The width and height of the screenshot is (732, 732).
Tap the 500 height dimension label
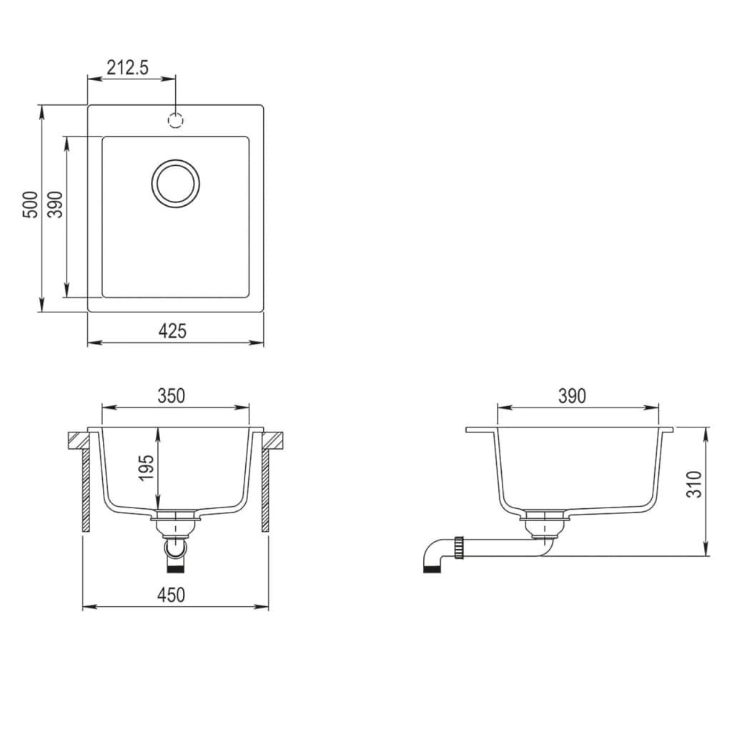pyautogui.click(x=29, y=206)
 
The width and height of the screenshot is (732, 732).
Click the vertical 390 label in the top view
pyautogui.click(x=56, y=205)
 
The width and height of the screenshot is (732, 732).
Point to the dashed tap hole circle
pyautogui.click(x=176, y=120)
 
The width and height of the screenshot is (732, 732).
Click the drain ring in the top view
pyautogui.click(x=175, y=183)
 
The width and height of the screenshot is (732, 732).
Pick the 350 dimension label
pyautogui.click(x=172, y=395)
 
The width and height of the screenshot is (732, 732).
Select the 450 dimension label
pyautogui.click(x=172, y=595)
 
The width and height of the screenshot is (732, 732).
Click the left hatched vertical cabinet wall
pyautogui.click(x=86, y=490)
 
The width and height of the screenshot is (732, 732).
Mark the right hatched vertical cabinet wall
pyautogui.click(x=265, y=490)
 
